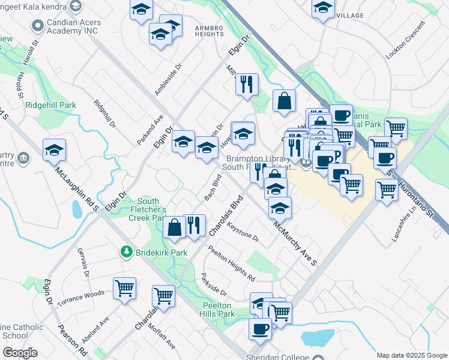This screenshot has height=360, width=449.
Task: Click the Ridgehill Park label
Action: tap(51, 105)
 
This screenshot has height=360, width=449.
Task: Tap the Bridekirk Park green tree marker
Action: tap(126, 252)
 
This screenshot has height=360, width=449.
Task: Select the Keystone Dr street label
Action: tap(240, 235)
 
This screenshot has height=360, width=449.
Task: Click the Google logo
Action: tap(20, 353)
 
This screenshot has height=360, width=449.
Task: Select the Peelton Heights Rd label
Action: tap(231, 263)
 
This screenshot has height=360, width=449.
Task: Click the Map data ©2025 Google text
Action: tap(412, 355)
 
